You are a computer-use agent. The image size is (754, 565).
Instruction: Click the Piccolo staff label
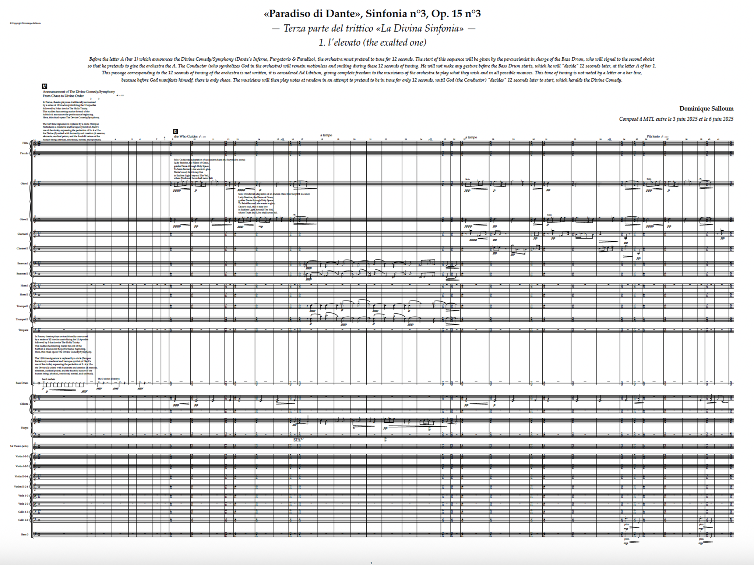click(x=24, y=153)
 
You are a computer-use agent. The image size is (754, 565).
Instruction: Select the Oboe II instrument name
click(x=24, y=220)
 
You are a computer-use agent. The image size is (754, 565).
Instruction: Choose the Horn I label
click(x=24, y=285)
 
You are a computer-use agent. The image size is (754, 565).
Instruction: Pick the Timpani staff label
click(x=23, y=330)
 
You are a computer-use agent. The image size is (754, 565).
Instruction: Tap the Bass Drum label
click(x=22, y=383)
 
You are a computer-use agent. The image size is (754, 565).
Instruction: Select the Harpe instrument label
click(x=24, y=428)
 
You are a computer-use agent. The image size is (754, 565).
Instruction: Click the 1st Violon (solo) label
click(x=19, y=446)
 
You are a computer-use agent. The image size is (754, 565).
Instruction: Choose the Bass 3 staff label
click(x=25, y=534)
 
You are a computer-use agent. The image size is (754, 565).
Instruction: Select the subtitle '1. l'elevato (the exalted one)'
click(x=372, y=43)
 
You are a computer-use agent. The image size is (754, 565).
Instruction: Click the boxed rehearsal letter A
click(x=45, y=86)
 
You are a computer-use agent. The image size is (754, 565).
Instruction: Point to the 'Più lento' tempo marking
click(x=653, y=136)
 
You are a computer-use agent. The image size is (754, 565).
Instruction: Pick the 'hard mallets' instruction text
click(x=48, y=379)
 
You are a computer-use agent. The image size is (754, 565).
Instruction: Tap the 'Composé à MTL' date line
click(x=676, y=119)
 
